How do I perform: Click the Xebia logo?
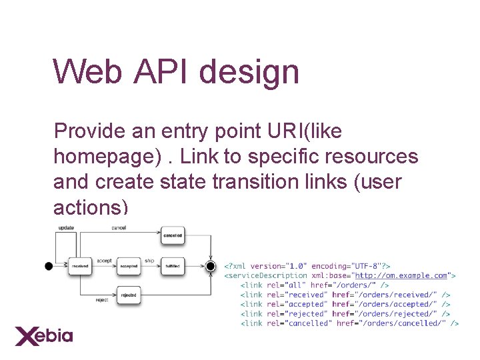(x=44, y=335)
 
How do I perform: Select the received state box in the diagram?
(x=80, y=266)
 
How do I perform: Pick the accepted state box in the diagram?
(x=129, y=266)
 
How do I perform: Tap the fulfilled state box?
(x=172, y=266)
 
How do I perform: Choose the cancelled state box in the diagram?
(x=172, y=235)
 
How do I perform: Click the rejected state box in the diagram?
(x=129, y=295)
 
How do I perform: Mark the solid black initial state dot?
(x=48, y=266)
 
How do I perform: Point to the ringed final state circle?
(x=211, y=267)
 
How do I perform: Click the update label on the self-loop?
(x=66, y=228)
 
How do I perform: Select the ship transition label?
(x=150, y=260)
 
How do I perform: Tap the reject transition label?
(x=101, y=300)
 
